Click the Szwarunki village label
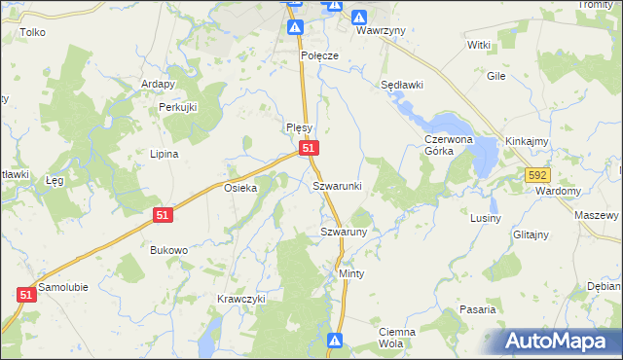click(337, 185)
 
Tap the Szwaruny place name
click(343, 232)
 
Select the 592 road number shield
click(538, 175)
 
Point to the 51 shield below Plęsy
click(309, 147)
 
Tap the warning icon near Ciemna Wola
click(335, 341)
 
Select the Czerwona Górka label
click(448, 145)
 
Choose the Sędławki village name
click(402, 85)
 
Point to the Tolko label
click(32, 32)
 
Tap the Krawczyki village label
click(241, 299)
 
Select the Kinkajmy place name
click(528, 141)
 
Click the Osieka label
click(240, 189)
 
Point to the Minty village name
click(351, 274)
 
